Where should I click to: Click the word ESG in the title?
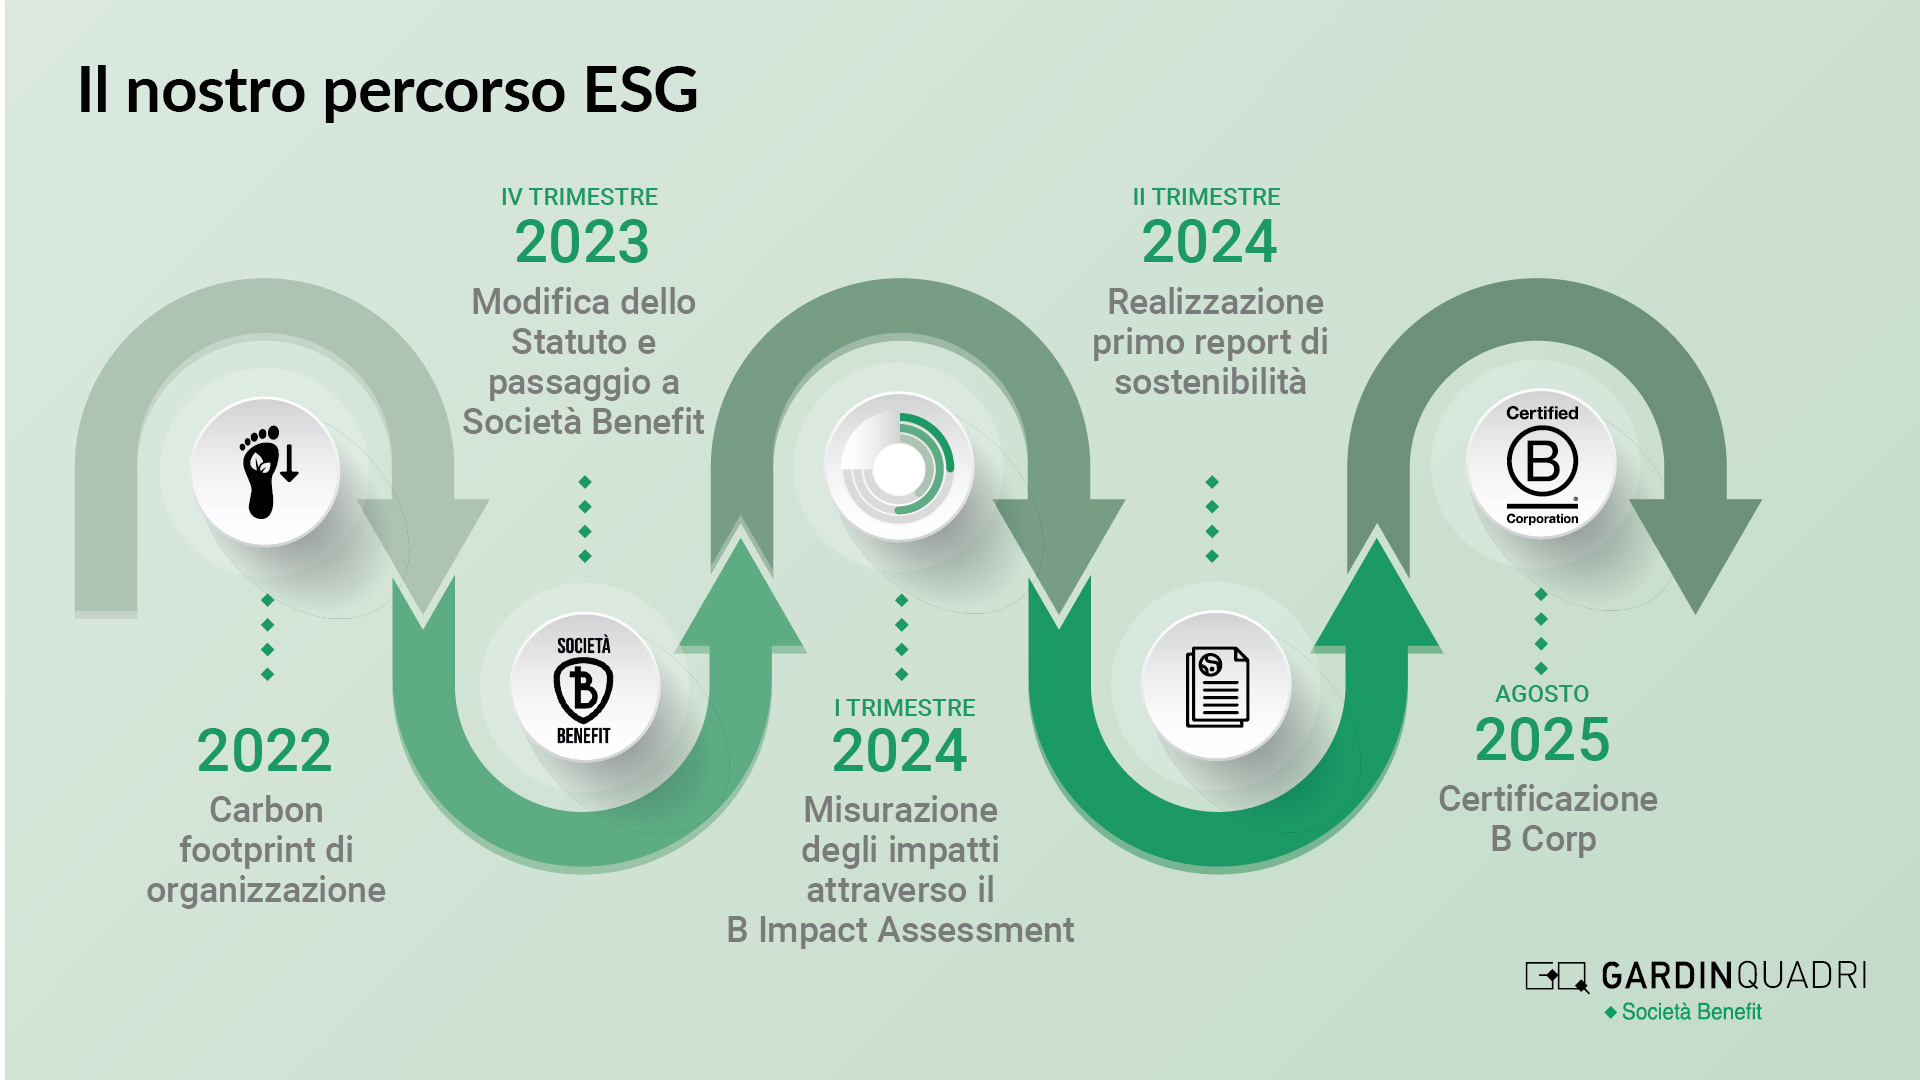[640, 90]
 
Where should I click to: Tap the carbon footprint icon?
[266, 471]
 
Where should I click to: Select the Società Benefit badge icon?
[584, 689]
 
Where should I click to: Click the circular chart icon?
[899, 466]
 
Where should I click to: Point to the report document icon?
[1216, 687]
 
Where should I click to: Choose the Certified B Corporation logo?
[1541, 464]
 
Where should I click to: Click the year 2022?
[264, 751]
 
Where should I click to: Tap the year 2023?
[582, 242]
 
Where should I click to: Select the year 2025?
[1542, 740]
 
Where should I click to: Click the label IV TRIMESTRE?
[579, 197]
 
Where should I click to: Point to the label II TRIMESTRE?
[1206, 197]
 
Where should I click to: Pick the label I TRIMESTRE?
[904, 708]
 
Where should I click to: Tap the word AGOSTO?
[1541, 694]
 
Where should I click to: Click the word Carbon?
[266, 810]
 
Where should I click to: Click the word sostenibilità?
[1210, 382]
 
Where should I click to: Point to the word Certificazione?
[1547, 799]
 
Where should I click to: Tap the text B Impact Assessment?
[900, 930]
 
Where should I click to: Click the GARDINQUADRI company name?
[1733, 975]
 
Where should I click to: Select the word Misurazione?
[900, 810]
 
